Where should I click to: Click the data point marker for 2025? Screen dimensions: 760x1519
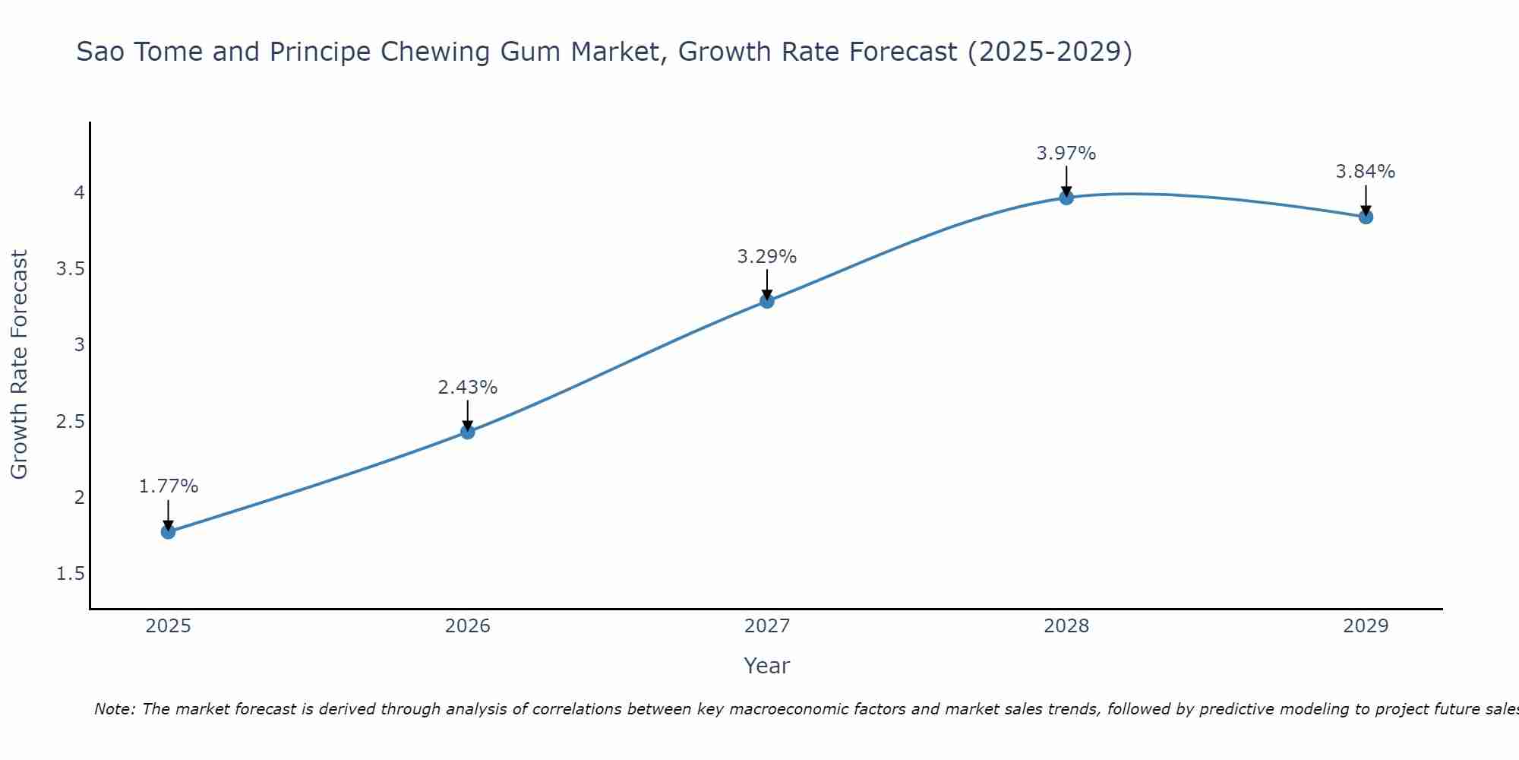pyautogui.click(x=168, y=531)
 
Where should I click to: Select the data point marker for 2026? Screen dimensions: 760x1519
pyautogui.click(x=468, y=432)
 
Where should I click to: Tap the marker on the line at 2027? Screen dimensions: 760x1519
pyautogui.click(x=767, y=301)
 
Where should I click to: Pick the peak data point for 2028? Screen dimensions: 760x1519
pyautogui.click(x=1066, y=198)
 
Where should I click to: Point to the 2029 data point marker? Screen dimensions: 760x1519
pyautogui.click(x=1366, y=217)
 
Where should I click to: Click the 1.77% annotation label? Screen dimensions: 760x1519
pyautogui.click(x=169, y=486)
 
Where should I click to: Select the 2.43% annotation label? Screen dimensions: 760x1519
pyautogui.click(x=468, y=388)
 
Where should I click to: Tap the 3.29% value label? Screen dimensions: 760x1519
pyautogui.click(x=767, y=257)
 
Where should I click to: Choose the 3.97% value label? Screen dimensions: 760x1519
pyautogui.click(x=1066, y=154)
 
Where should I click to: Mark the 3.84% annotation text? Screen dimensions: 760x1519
pyautogui.click(x=1366, y=172)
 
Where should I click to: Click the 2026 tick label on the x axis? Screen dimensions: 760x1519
pyautogui.click(x=468, y=626)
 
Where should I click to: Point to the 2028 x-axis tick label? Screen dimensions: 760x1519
pyautogui.click(x=1066, y=626)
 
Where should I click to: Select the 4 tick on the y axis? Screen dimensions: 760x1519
pyautogui.click(x=79, y=193)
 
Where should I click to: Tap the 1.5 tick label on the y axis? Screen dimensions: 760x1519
pyautogui.click(x=71, y=574)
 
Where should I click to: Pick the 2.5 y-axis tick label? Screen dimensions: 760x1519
pyautogui.click(x=71, y=422)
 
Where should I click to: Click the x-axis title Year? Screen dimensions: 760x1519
pyautogui.click(x=767, y=666)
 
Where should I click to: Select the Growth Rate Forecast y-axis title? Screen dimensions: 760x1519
pyautogui.click(x=20, y=365)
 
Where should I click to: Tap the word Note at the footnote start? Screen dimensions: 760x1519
pyautogui.click(x=114, y=709)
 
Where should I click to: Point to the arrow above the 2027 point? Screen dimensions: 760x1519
pyautogui.click(x=767, y=283)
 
